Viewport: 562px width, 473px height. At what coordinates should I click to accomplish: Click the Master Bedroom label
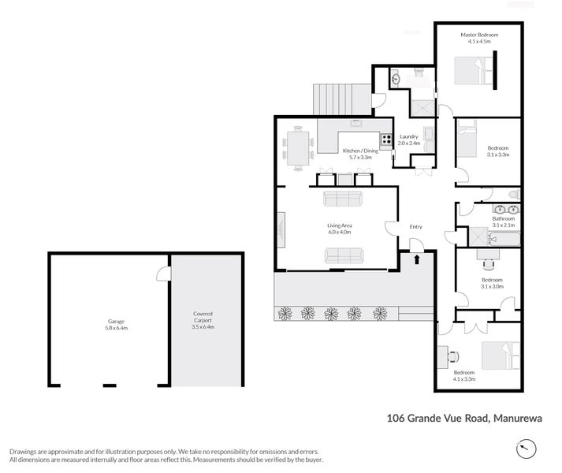479,38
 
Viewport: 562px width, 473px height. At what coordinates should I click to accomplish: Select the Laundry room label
408,140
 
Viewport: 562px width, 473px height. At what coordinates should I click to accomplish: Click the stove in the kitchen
385,142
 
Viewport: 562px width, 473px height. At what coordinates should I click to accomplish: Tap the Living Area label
339,229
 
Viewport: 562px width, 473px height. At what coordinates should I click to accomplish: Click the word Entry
415,227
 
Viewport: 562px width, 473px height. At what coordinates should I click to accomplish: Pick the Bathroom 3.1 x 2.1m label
504,222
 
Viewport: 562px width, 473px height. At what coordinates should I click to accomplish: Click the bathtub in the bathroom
501,236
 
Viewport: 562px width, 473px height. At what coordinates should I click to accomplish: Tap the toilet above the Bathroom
513,193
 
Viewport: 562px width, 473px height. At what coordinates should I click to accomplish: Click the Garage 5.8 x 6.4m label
117,323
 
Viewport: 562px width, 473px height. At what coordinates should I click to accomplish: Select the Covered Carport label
203,319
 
